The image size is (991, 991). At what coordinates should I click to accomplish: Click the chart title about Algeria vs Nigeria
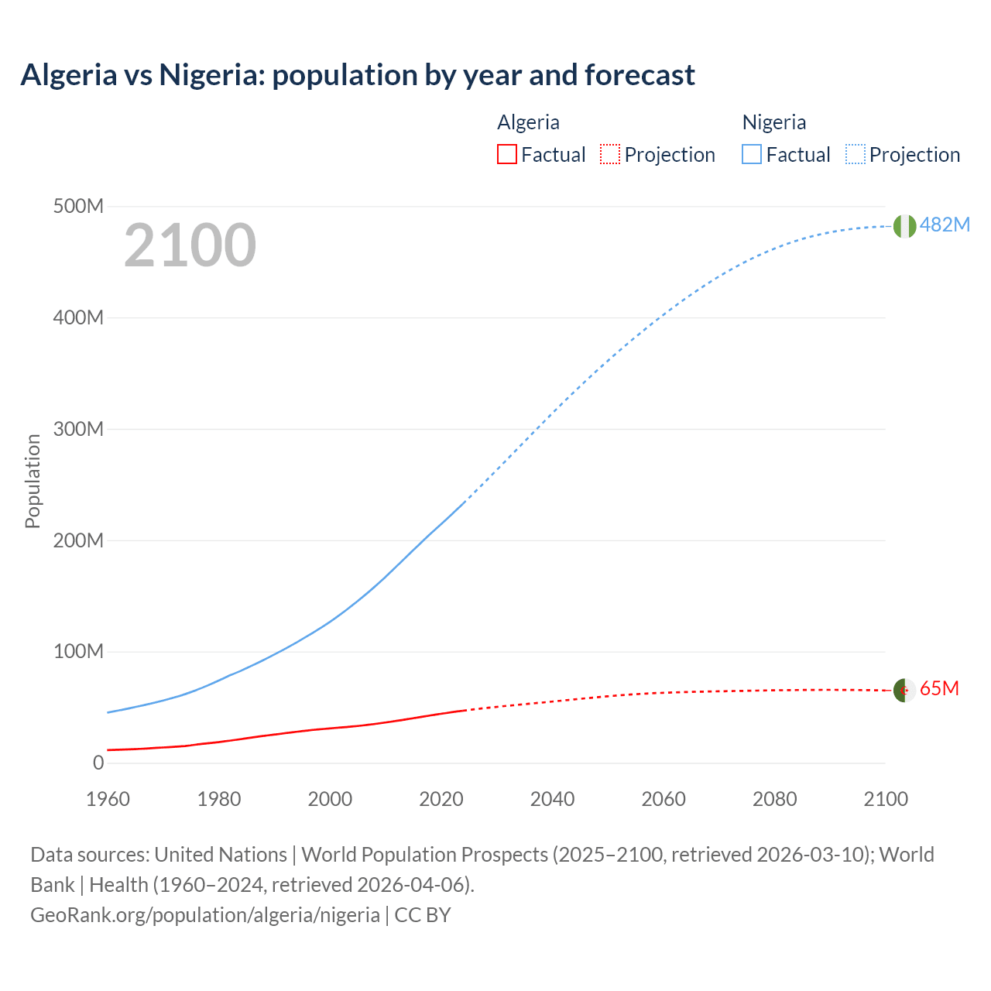pyautogui.click(x=358, y=75)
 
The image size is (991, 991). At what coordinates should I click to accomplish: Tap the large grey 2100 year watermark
pyautogui.click(x=190, y=245)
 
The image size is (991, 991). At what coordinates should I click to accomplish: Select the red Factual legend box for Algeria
pyautogui.click(x=506, y=154)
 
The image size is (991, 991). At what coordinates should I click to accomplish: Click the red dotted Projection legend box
pyautogui.click(x=610, y=154)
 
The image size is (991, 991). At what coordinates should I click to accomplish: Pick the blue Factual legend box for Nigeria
pyautogui.click(x=752, y=154)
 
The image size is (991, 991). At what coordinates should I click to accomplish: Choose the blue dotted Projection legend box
pyautogui.click(x=855, y=154)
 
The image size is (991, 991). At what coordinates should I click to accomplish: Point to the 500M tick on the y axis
pyautogui.click(x=78, y=207)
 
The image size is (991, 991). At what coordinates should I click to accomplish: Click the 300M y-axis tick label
pyautogui.click(x=78, y=429)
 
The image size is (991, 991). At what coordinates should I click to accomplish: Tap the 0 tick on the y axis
pyautogui.click(x=98, y=763)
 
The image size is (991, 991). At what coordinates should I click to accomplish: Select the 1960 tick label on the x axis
pyautogui.click(x=108, y=799)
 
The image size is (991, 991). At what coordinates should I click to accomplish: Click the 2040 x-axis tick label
pyautogui.click(x=552, y=799)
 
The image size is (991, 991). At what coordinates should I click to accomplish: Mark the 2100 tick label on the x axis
pyautogui.click(x=886, y=799)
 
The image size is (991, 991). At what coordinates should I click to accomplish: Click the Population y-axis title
pyautogui.click(x=33, y=481)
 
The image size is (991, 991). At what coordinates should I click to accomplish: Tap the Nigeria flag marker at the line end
pyautogui.click(x=904, y=226)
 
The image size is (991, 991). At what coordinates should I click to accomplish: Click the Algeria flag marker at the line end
pyautogui.click(x=904, y=690)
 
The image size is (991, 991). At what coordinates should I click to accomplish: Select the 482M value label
pyautogui.click(x=945, y=225)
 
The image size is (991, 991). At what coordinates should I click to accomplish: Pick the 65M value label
pyautogui.click(x=939, y=688)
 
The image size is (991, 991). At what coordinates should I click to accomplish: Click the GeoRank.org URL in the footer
pyautogui.click(x=205, y=915)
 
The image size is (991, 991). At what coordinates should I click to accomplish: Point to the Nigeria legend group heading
pyautogui.click(x=773, y=122)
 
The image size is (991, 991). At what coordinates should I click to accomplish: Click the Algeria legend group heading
pyautogui.click(x=528, y=122)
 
